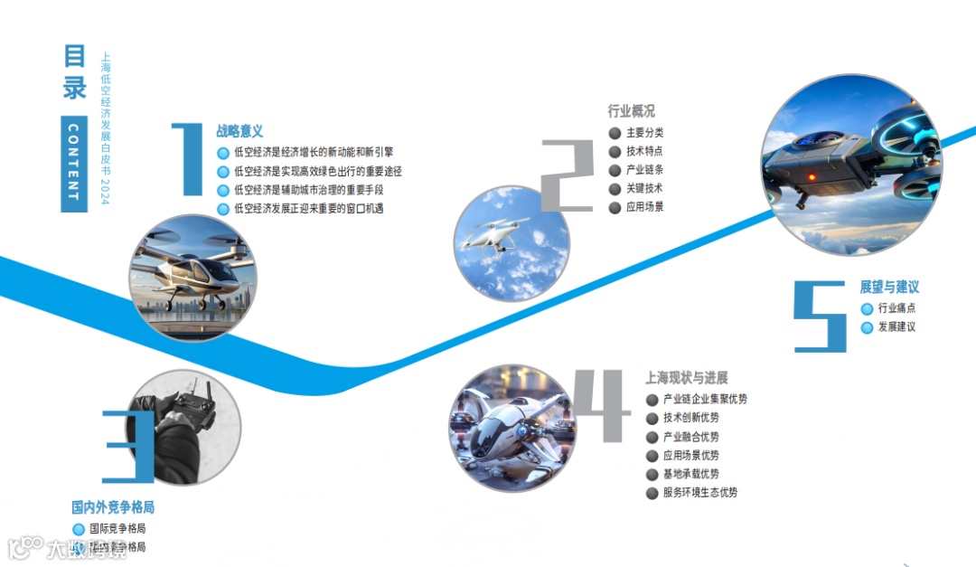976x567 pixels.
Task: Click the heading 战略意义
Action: coord(239,132)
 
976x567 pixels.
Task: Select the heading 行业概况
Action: coord(631,112)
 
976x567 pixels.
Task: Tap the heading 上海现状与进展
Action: coord(686,378)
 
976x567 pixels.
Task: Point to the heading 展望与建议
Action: coord(889,287)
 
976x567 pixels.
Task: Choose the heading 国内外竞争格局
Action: coord(113,507)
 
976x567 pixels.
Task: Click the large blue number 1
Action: coord(188,159)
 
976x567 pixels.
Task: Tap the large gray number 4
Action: coord(603,405)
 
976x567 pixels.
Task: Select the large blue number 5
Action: coord(821,316)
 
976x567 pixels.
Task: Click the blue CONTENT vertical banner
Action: coord(74,164)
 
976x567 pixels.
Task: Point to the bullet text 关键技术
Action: coord(644,188)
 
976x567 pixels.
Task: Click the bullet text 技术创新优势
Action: coord(691,418)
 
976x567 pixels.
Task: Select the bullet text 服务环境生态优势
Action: coord(700,493)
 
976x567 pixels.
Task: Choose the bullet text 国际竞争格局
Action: coord(117,528)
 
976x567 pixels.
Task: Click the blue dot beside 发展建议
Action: coord(867,327)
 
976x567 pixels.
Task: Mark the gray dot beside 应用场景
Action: coord(615,207)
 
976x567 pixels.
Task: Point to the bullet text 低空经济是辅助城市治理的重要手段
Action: coord(308,190)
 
